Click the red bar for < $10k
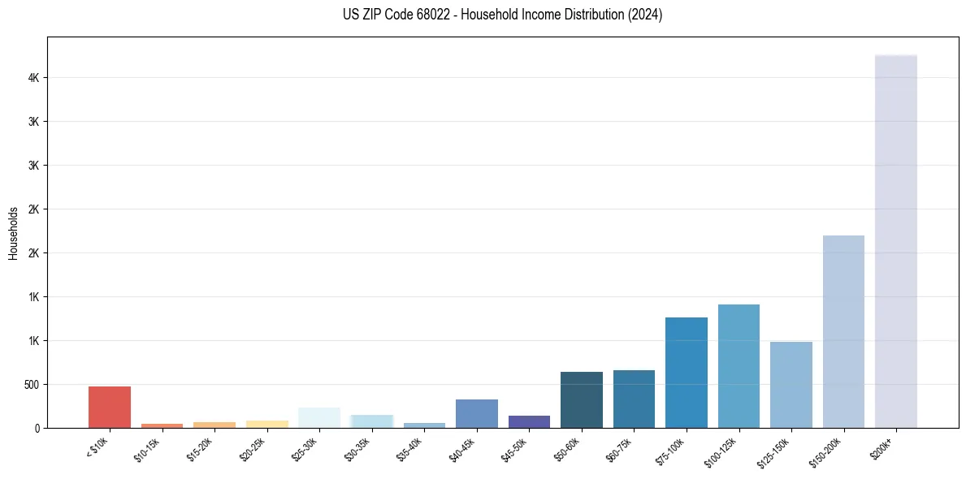click(x=110, y=407)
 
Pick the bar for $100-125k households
click(x=739, y=366)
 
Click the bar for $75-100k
click(x=687, y=373)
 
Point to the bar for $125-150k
click(x=791, y=385)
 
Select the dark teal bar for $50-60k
click(x=582, y=399)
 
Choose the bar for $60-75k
click(x=634, y=399)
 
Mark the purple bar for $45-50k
click(x=529, y=421)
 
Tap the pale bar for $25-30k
click(x=319, y=417)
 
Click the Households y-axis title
click(x=14, y=234)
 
